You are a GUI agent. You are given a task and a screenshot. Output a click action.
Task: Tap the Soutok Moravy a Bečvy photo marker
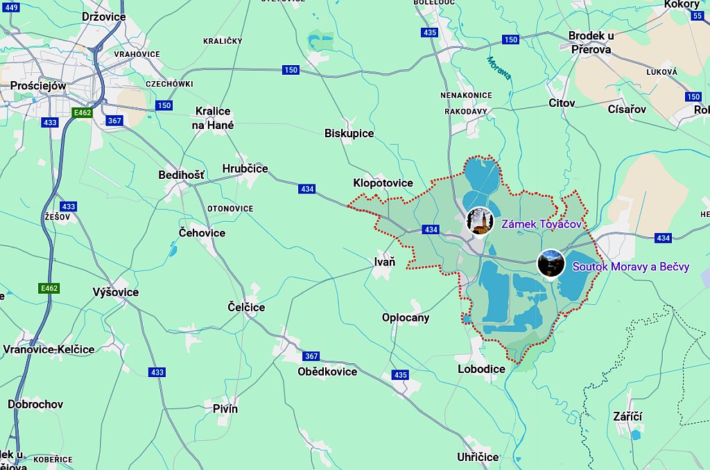tap(551, 263)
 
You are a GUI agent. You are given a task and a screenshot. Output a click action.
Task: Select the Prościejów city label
tap(38, 86)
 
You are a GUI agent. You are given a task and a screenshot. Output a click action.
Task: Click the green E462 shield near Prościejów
tap(82, 112)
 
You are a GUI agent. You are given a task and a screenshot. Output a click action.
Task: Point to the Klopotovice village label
tap(383, 183)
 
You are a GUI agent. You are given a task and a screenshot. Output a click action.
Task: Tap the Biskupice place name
tap(349, 133)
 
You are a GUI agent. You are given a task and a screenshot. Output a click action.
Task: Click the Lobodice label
tap(481, 369)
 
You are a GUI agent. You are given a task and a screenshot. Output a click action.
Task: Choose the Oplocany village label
tap(406, 317)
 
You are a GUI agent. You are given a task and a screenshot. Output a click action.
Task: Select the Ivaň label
tap(384, 261)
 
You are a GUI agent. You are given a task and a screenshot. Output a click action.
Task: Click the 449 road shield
tap(11, 7)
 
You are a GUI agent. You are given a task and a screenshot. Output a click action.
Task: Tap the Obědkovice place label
tap(327, 372)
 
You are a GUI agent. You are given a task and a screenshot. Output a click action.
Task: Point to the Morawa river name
tap(499, 68)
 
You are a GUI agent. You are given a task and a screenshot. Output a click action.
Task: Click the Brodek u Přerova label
tap(591, 42)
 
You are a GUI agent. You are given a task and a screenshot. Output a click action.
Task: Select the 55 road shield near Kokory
tap(697, 16)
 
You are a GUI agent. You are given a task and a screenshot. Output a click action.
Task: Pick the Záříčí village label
tap(627, 416)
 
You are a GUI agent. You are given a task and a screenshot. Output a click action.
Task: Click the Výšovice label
tap(115, 292)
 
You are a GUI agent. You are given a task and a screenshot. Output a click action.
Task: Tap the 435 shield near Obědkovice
tap(400, 375)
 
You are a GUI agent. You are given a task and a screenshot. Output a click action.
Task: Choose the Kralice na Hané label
tap(214, 119)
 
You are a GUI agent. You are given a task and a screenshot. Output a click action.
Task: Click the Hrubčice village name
tap(245, 168)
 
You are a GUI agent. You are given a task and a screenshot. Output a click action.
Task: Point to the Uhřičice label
tap(478, 457)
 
